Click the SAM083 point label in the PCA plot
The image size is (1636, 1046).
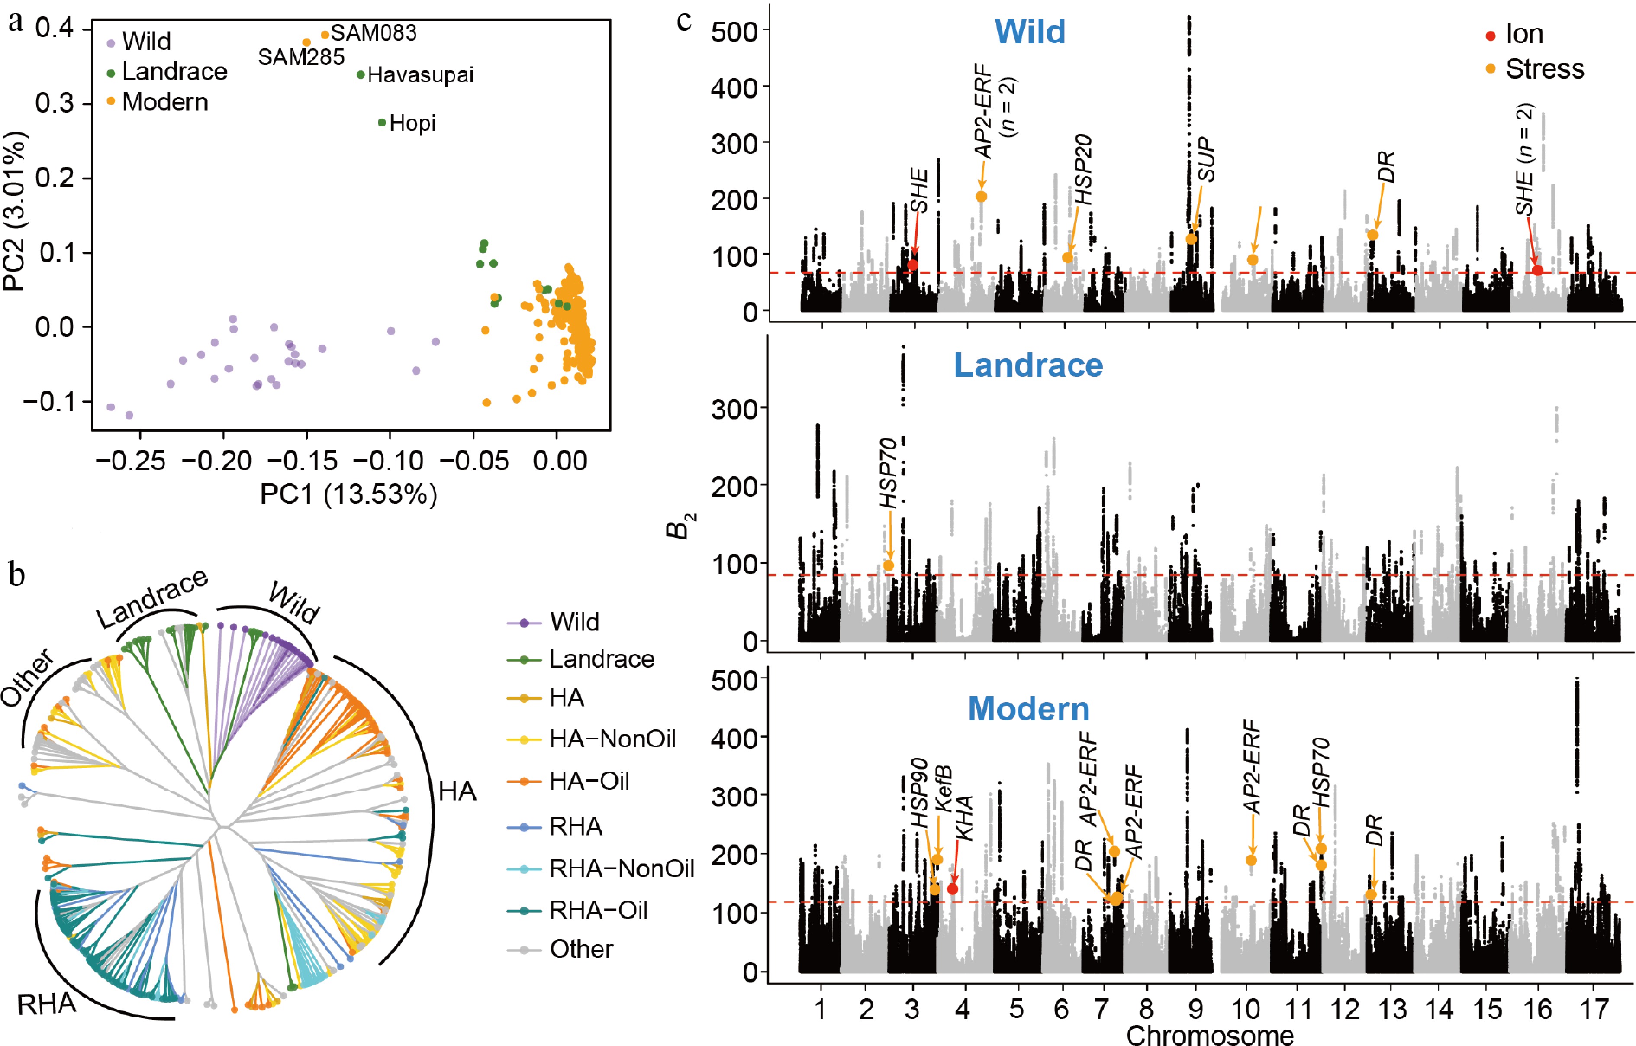[x=373, y=32]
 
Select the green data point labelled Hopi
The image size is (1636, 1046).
[x=382, y=123]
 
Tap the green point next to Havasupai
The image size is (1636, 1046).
[x=361, y=74]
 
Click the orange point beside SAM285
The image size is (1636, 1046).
[x=306, y=42]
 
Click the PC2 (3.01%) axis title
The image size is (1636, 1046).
[x=15, y=211]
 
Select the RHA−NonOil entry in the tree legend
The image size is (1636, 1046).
[x=621, y=868]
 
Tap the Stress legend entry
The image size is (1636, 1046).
[x=1544, y=69]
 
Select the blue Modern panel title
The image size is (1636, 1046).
[x=1028, y=709]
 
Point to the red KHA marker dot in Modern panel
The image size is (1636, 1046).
[x=953, y=889]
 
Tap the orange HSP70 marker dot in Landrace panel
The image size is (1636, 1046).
[x=888, y=565]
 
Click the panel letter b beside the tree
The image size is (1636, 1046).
[x=17, y=575]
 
